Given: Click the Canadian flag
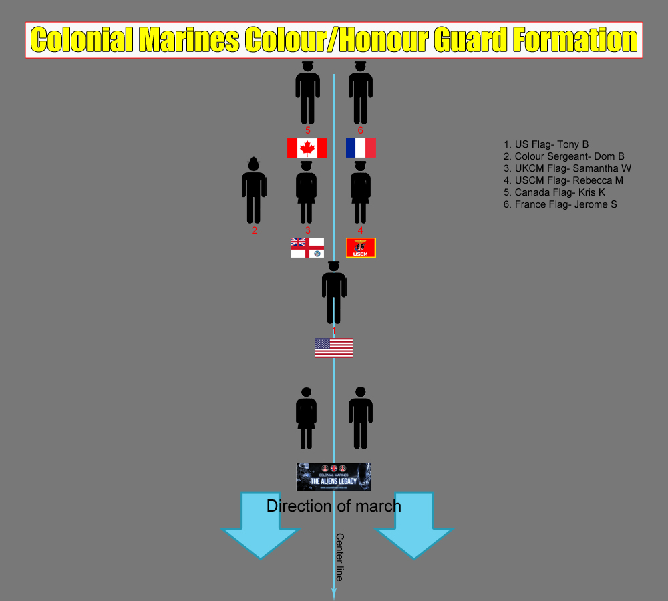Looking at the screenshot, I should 307,148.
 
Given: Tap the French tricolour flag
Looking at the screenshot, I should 361,148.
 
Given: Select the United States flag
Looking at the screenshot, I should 333,347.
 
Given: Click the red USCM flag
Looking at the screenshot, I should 361,248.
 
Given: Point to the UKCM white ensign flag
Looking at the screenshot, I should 307,248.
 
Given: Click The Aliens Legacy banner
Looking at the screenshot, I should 333,477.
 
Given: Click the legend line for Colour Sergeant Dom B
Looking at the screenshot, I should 564,156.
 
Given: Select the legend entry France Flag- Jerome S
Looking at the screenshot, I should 560,204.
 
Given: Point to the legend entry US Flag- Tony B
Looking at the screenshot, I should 546,144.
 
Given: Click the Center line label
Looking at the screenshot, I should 339,556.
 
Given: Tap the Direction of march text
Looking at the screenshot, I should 334,506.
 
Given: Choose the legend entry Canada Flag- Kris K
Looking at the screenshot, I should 554,192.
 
